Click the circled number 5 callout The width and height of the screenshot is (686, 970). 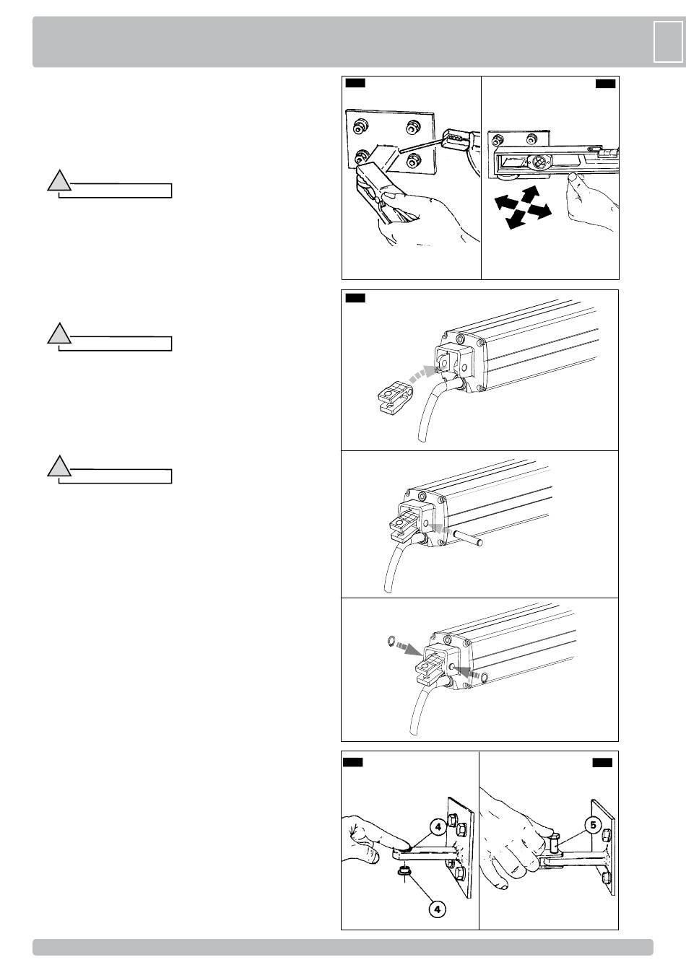click(594, 825)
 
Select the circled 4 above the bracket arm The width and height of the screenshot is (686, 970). click(438, 827)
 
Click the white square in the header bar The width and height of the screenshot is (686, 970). click(668, 42)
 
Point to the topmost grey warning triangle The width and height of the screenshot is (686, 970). click(59, 180)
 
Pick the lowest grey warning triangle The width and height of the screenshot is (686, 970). click(59, 466)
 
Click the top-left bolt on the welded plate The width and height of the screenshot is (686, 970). click(360, 127)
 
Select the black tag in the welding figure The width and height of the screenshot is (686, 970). click(355, 83)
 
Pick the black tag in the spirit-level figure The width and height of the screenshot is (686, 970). click(605, 83)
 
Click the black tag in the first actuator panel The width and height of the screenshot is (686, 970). click(355, 297)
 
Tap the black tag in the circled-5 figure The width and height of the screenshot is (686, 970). click(602, 762)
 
